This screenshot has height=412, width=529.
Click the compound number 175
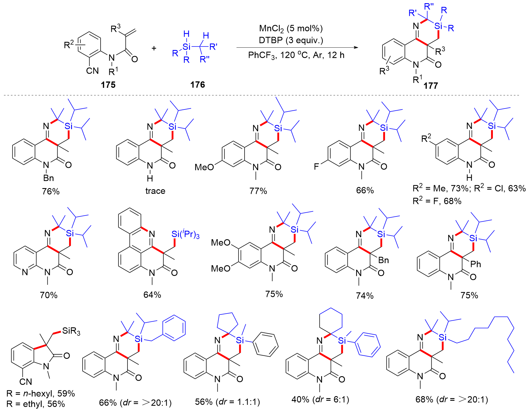click(108, 85)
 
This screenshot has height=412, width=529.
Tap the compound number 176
click(197, 85)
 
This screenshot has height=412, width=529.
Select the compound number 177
click(431, 86)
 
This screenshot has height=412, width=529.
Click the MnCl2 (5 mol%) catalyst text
click(291, 28)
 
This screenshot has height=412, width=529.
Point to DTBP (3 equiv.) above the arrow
click(291, 40)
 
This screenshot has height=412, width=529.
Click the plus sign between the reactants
click(154, 48)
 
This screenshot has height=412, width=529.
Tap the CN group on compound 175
click(92, 71)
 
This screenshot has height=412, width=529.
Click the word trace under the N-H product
click(155, 191)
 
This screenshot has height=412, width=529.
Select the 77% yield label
click(258, 191)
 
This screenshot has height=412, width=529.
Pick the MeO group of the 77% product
click(204, 167)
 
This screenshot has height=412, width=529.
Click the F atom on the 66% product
click(317, 166)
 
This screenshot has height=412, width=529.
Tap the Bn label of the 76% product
click(49, 178)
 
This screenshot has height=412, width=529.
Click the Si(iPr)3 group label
click(185, 234)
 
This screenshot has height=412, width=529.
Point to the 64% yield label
click(152, 295)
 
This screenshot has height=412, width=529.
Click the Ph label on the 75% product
click(476, 264)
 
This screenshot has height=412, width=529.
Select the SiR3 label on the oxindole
click(71, 331)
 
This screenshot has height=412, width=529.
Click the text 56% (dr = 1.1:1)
click(227, 402)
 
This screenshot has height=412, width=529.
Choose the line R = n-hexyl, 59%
click(41, 394)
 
